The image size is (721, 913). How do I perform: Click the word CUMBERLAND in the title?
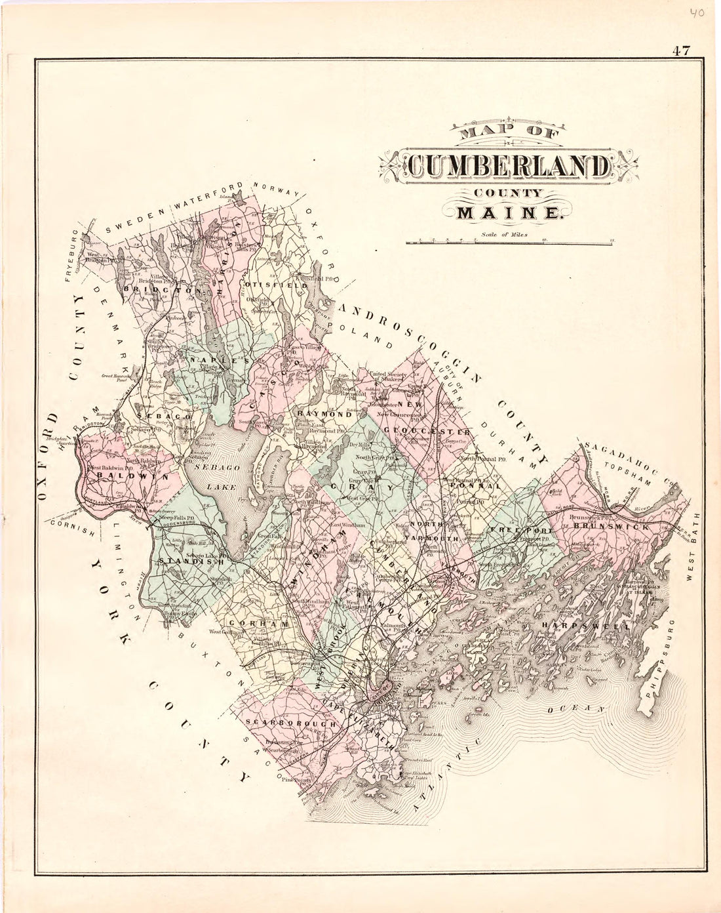(502, 167)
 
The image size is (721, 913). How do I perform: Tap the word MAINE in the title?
(502, 213)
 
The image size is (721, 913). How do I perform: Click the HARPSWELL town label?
(577, 626)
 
